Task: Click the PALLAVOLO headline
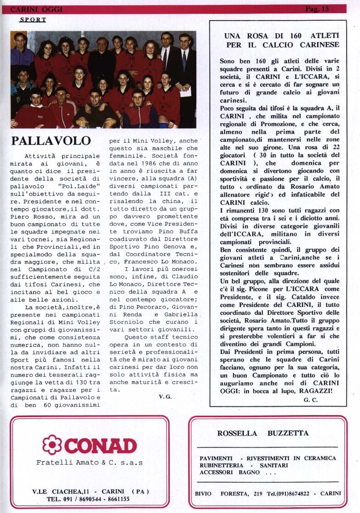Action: tap(51, 141)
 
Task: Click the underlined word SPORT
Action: tap(33, 20)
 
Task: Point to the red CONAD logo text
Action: tap(100, 445)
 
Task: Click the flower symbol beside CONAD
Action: tap(52, 444)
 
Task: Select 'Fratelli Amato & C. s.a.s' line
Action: tap(89, 463)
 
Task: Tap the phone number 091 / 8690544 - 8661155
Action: tap(88, 499)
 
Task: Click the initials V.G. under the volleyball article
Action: tap(165, 397)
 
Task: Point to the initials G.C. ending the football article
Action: tap(311, 400)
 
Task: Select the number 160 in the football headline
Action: tap(274, 36)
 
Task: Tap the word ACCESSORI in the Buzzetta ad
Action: tap(217, 472)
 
